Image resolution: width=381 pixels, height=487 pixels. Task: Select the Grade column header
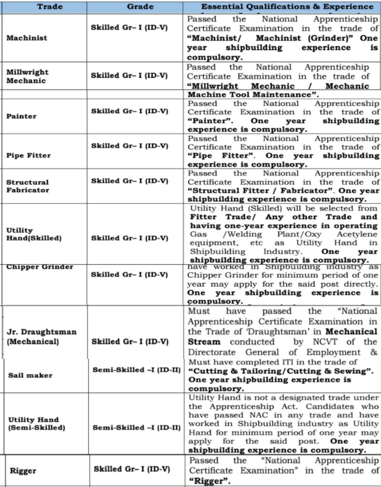pyautogui.click(x=140, y=7)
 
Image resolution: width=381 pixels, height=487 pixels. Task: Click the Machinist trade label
pyautogui.click(x=27, y=38)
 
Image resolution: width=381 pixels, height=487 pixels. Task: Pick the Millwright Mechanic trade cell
pyautogui.click(x=27, y=76)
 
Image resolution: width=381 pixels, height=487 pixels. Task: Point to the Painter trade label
pyautogui.click(x=21, y=116)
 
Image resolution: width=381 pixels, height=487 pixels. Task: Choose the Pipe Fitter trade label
pyautogui.click(x=28, y=155)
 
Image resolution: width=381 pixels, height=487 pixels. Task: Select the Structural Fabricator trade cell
pyautogui.click(x=28, y=185)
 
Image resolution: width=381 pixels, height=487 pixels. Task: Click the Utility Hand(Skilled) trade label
pyautogui.click(x=33, y=234)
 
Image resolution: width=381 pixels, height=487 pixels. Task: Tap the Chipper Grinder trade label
pyautogui.click(x=40, y=267)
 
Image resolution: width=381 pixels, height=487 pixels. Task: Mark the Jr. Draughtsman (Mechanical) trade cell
pyautogui.click(x=41, y=336)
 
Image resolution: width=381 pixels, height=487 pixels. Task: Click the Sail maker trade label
pyautogui.click(x=30, y=375)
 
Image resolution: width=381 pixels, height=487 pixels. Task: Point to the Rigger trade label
pyautogui.click(x=23, y=471)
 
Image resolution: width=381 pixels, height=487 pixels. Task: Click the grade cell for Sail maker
pyautogui.click(x=137, y=370)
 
